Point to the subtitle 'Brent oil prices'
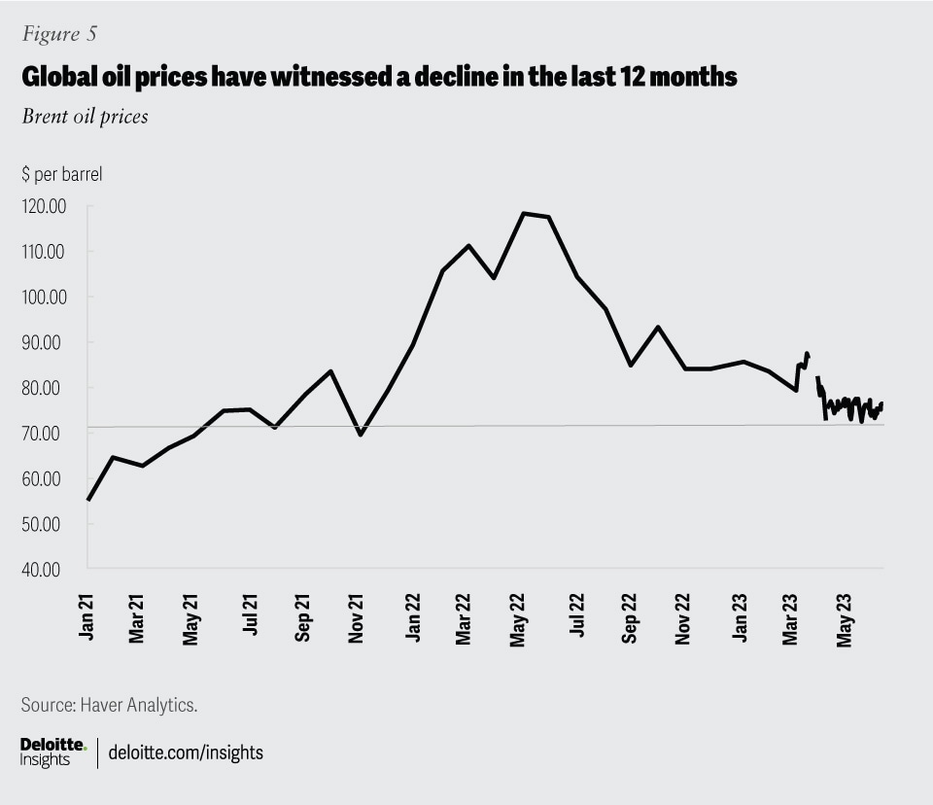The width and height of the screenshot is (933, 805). [84, 118]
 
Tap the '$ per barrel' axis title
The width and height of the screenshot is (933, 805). [61, 176]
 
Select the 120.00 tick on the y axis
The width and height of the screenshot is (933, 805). [44, 206]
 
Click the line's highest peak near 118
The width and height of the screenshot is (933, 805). [524, 213]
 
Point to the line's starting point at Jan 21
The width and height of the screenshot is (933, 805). [88, 500]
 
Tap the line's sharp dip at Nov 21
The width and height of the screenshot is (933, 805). [361, 434]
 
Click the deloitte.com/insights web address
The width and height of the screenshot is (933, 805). [186, 752]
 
